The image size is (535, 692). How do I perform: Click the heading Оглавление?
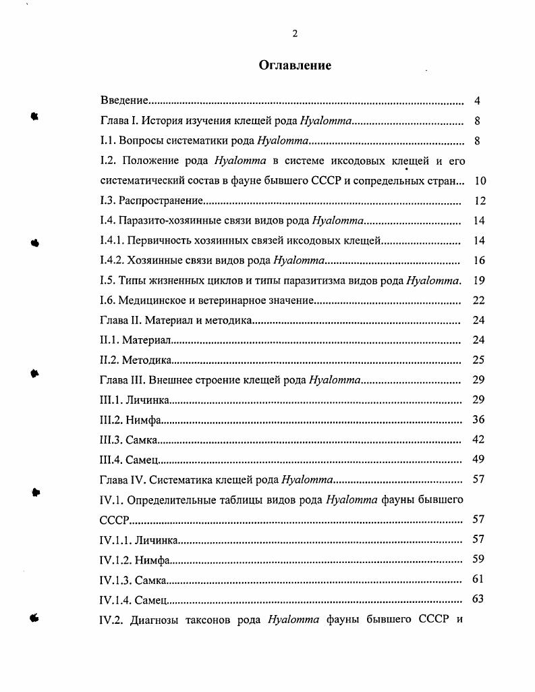295,65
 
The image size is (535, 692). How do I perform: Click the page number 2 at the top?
295,34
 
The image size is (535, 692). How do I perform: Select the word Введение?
124,101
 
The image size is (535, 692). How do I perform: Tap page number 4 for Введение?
477,101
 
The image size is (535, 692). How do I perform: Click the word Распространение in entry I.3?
161,201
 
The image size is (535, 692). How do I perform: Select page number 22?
479,300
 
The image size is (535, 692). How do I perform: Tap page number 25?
479,360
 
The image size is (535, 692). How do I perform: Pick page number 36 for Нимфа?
479,419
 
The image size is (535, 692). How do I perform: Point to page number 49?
479,460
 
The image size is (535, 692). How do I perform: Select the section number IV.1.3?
115,579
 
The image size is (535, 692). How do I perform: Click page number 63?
479,599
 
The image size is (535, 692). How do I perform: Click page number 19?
479,280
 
